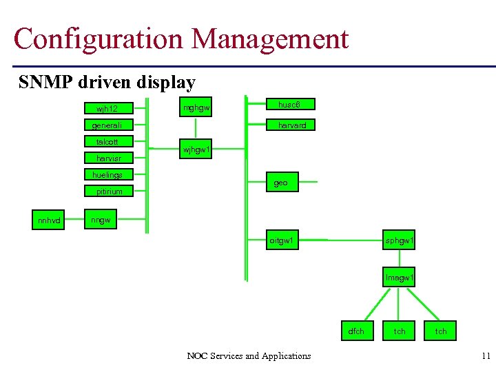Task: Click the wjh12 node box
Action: click(107, 108)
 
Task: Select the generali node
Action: click(107, 125)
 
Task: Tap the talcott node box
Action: click(107, 142)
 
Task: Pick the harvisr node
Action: click(108, 158)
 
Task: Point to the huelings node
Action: click(107, 175)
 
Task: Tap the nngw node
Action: click(101, 220)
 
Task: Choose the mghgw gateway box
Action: click(196, 107)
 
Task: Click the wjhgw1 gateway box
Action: click(196, 149)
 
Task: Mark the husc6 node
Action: click(291, 104)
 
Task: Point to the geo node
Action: click(281, 183)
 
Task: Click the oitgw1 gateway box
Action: click(283, 240)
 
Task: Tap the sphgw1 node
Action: click(400, 240)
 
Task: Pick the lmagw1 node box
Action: click(400, 278)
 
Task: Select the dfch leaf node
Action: click(356, 331)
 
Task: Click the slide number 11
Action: click(486, 356)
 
